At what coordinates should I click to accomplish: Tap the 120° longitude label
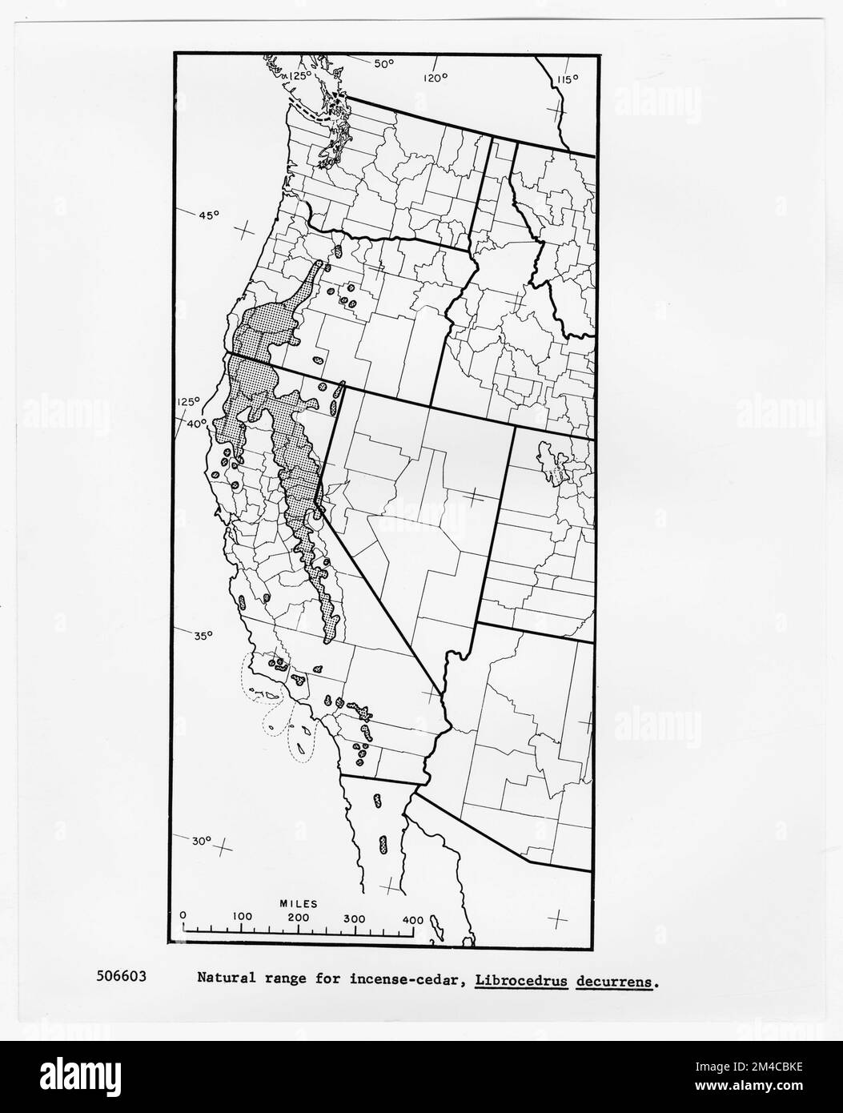click(436, 78)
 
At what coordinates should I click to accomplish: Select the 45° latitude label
click(209, 215)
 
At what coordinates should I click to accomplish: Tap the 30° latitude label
click(201, 841)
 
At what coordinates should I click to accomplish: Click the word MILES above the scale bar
click(299, 903)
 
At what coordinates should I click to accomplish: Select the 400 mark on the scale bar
click(411, 919)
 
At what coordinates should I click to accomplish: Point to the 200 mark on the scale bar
click(299, 918)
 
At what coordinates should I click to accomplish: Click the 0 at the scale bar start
click(183, 914)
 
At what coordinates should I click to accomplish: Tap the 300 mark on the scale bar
click(355, 918)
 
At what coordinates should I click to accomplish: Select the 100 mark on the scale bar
click(242, 916)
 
